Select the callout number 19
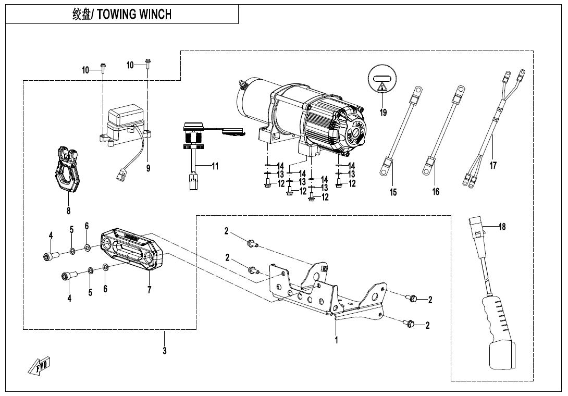[383, 113]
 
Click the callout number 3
[164, 351]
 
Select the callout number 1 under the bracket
[337, 340]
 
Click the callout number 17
[493, 165]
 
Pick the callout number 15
[393, 192]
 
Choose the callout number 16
[436, 191]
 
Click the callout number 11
[215, 167]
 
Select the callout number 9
[148, 168]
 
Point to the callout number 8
[68, 211]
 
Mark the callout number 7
[149, 290]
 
